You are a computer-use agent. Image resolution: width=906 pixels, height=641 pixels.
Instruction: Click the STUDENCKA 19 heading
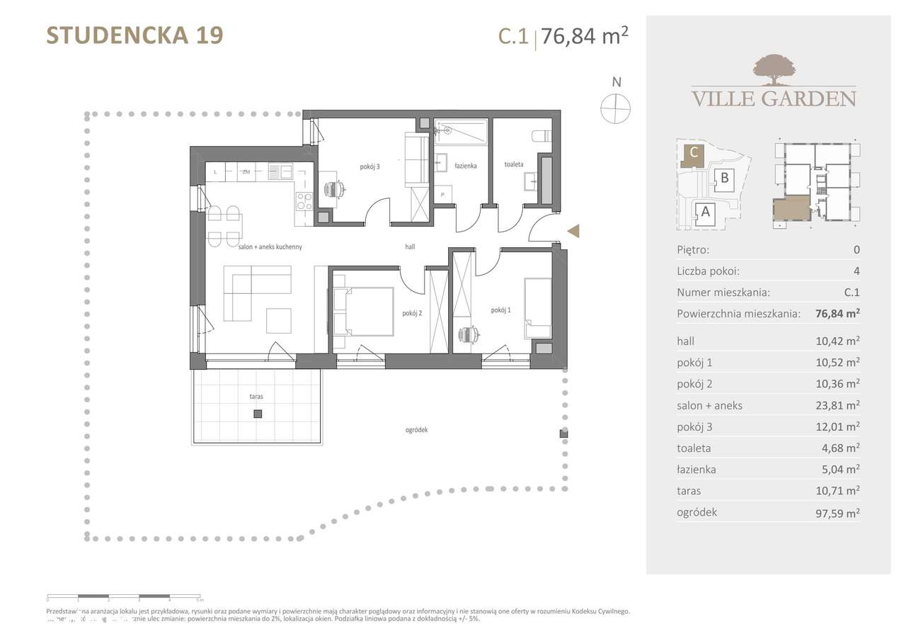[x=134, y=35]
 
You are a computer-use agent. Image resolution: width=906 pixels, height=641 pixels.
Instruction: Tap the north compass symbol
[x=615, y=108]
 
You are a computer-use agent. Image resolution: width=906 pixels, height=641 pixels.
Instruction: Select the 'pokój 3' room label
[x=369, y=167]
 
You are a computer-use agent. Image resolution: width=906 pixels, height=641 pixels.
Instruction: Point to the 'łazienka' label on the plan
[x=465, y=166]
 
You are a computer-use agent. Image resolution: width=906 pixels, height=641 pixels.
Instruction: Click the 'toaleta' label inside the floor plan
[x=514, y=164]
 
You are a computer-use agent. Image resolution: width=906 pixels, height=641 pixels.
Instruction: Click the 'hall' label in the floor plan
[x=410, y=246]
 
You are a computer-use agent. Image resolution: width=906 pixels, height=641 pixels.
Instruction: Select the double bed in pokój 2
[x=363, y=311]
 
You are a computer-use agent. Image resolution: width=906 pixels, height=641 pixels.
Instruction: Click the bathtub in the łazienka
[x=460, y=131]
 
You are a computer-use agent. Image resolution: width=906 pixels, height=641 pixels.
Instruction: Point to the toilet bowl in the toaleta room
[x=540, y=135]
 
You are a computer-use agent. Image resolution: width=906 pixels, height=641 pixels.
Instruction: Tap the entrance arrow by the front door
[x=574, y=230]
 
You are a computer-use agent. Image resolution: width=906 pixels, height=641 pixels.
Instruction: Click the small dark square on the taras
[x=258, y=414]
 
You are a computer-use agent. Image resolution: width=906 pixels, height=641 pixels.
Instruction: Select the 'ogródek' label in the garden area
[x=418, y=430]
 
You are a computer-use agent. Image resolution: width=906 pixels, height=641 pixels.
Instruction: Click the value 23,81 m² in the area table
[x=837, y=405]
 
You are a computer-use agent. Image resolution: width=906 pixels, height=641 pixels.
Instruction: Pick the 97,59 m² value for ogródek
[x=837, y=511]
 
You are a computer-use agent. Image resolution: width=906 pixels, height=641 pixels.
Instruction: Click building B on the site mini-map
[x=724, y=178]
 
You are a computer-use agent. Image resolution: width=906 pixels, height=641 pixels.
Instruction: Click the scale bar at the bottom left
[x=124, y=596]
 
